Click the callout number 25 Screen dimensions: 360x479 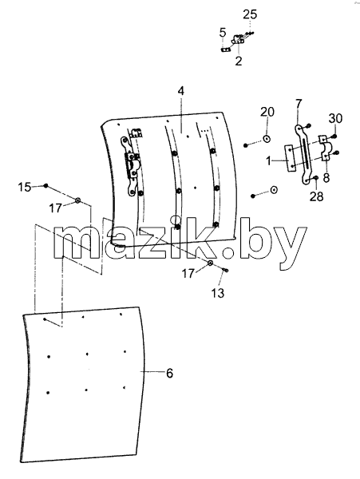(250, 14)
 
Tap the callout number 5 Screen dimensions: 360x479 (223, 33)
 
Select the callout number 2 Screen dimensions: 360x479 (239, 61)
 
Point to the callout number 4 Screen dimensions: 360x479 (181, 91)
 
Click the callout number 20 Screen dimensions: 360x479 (267, 112)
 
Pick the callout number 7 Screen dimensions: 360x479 (299, 104)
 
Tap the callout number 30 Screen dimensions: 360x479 (335, 118)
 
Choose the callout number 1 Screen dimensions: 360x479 (269, 160)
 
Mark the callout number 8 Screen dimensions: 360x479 (326, 177)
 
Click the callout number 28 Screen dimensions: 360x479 (316, 196)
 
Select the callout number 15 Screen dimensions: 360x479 (25, 187)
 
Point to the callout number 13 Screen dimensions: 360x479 (218, 293)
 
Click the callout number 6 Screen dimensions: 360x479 (169, 373)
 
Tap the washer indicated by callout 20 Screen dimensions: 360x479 (267, 139)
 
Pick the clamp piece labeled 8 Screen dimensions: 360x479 (325, 148)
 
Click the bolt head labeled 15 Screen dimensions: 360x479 (45, 185)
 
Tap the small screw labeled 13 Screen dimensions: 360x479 (226, 270)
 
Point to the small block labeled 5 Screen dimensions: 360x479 (225, 49)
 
